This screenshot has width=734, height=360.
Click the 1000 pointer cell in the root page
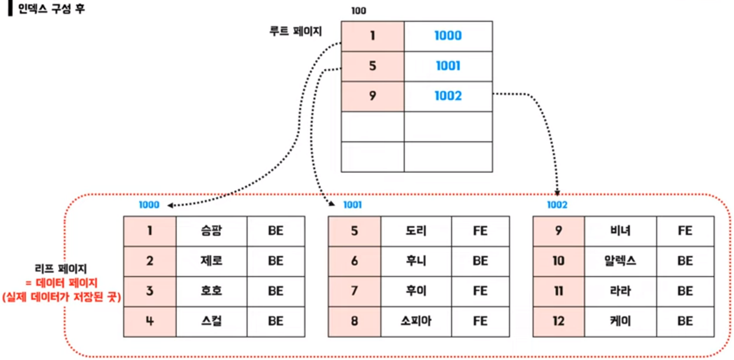(448, 36)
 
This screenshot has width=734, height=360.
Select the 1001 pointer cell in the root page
(448, 66)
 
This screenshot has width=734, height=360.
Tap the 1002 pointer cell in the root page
(448, 96)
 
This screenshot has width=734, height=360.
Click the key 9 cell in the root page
(372, 96)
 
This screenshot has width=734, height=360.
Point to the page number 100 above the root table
(359, 11)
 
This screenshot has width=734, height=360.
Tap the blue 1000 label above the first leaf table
(148, 205)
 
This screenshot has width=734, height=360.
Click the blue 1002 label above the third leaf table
(557, 205)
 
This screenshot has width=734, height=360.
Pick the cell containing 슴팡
(211, 231)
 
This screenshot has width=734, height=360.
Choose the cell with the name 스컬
(211, 321)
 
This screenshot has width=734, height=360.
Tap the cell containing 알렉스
(620, 261)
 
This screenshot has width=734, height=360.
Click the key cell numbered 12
(559, 321)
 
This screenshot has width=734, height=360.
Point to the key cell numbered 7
(354, 291)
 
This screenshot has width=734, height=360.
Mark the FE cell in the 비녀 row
(685, 231)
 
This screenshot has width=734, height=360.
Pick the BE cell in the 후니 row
(480, 261)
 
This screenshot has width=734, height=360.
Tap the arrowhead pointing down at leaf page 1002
(558, 192)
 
